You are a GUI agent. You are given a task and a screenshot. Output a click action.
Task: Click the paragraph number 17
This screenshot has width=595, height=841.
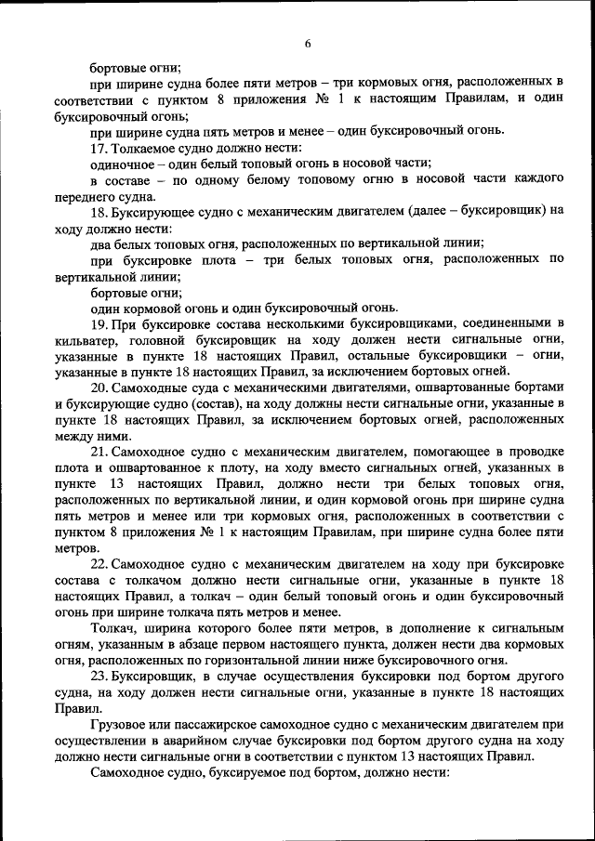[x=98, y=147]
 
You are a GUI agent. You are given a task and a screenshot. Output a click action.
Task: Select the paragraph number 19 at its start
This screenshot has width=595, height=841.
[x=98, y=323]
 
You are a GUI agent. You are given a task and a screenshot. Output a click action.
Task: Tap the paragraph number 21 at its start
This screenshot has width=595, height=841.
[x=98, y=451]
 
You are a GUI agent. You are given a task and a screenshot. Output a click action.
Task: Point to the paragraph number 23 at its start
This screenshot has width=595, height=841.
[x=98, y=676]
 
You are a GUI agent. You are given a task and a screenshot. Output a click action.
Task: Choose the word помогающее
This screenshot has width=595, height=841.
[x=438, y=451]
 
